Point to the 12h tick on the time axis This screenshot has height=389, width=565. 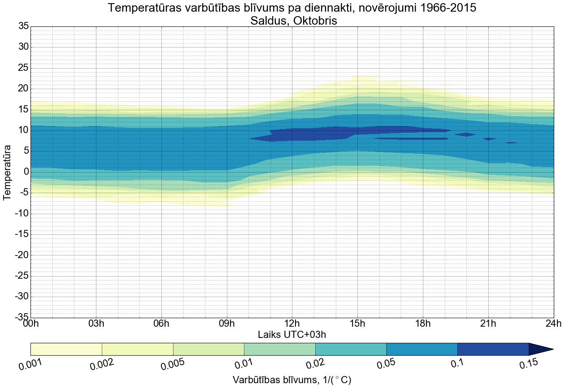[x=292, y=324]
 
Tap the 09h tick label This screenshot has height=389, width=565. [x=226, y=324]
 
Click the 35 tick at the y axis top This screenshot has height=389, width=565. [x=23, y=26]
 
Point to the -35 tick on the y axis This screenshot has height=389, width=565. [x=22, y=317]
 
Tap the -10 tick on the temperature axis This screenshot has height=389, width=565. [x=22, y=213]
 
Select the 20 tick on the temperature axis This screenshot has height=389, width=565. [x=23, y=89]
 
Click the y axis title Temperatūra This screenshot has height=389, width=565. [x=8, y=172]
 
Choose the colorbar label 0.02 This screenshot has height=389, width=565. [x=313, y=364]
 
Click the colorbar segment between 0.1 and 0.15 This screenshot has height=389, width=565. [x=493, y=349]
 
